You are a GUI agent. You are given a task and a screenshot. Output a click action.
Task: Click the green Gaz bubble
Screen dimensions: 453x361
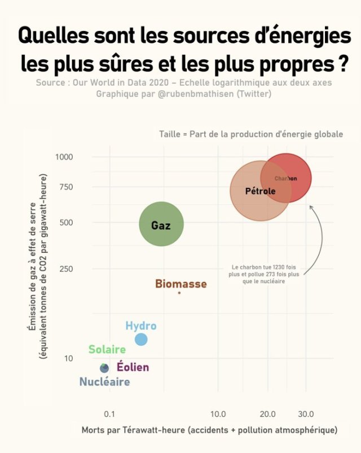pyautogui.click(x=161, y=224)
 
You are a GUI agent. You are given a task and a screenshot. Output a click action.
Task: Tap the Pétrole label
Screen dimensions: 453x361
pyautogui.click(x=260, y=191)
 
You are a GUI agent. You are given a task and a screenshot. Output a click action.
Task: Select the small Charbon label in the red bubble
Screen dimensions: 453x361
pyautogui.click(x=285, y=178)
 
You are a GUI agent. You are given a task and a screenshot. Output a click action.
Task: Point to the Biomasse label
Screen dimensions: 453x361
pyautogui.click(x=180, y=284)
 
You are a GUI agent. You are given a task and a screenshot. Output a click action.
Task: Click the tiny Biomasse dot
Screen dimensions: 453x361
pyautogui.click(x=179, y=293)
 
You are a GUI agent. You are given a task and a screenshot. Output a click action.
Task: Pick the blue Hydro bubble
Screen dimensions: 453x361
pyautogui.click(x=141, y=340)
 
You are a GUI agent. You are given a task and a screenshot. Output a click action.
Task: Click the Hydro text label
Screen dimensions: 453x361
pyautogui.click(x=140, y=326)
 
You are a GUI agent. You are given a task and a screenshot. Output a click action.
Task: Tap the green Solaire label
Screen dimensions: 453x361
pyautogui.click(x=107, y=350)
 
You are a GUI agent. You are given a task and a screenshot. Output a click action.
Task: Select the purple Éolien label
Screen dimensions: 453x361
pyautogui.click(x=133, y=367)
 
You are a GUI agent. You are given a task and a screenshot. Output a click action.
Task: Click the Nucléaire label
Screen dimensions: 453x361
pyautogui.click(x=104, y=382)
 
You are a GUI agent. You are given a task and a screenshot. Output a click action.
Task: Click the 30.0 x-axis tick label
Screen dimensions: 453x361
pyautogui.click(x=306, y=414)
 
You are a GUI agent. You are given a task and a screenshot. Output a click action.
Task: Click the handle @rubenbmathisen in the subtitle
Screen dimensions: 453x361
pyautogui.click(x=188, y=93)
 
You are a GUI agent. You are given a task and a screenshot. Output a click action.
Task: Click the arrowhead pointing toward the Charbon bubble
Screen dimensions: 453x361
pyautogui.click(x=310, y=207)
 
